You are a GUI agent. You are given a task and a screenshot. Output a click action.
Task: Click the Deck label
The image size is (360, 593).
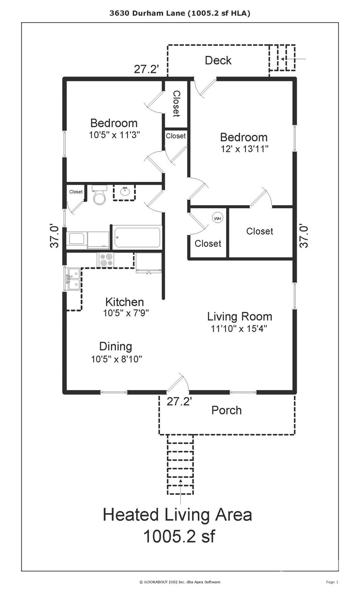[x=218, y=60]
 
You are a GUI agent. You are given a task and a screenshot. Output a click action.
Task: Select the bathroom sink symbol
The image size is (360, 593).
[x=124, y=192]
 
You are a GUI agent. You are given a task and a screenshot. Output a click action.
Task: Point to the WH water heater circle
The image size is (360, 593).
[x=217, y=218]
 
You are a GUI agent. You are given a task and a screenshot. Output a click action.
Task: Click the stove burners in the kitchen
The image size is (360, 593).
[x=106, y=259]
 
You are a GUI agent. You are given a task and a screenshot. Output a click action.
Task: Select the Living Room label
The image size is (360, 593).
[x=239, y=317]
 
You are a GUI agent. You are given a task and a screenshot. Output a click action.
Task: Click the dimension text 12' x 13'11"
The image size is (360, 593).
[x=244, y=149]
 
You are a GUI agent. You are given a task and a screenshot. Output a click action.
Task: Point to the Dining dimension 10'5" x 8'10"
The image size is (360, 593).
[x=116, y=359]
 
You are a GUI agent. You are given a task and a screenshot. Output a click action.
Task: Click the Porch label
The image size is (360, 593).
[x=226, y=410]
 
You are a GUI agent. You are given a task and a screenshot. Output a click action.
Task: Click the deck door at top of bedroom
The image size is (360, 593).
[x=205, y=87]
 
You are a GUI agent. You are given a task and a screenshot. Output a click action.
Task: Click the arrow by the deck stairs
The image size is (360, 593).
[x=294, y=59]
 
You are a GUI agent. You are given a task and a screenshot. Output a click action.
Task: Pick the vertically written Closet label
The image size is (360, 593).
[x=176, y=103]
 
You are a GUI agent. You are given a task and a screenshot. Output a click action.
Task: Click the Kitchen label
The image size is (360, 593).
[x=124, y=302]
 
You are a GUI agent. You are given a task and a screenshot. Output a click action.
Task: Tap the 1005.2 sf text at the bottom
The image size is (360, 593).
[x=179, y=536]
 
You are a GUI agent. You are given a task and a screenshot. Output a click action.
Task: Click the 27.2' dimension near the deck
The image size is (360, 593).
[x=146, y=69]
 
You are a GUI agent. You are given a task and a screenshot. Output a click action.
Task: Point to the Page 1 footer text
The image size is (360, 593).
[x=332, y=582]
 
